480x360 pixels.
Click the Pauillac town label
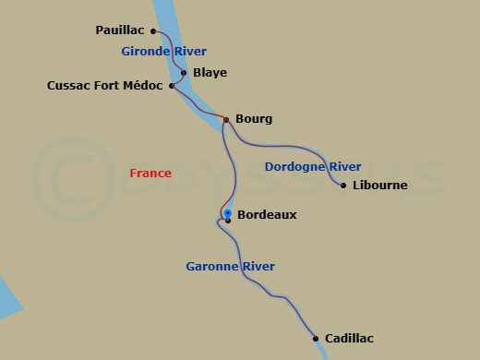(119, 30)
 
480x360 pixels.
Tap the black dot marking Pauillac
(153, 30)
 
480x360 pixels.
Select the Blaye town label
(210, 73)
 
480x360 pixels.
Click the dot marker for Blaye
(184, 73)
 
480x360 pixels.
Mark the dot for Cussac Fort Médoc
(172, 86)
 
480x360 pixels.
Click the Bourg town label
(254, 119)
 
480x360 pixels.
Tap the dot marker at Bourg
(225, 119)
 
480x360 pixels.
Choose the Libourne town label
(379, 186)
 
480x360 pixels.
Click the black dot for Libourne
(343, 186)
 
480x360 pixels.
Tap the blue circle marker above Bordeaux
(227, 213)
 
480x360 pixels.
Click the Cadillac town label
(349, 339)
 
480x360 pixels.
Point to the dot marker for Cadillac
(316, 338)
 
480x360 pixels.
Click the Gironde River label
(163, 52)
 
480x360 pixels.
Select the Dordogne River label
(312, 167)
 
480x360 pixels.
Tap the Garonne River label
(230, 267)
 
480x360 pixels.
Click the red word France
(150, 173)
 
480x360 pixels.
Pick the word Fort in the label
(104, 86)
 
